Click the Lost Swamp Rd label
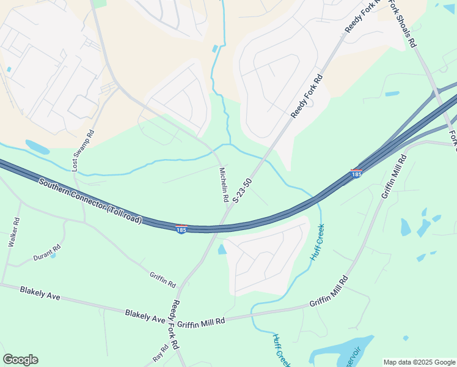(x=83, y=150)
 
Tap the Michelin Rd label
(x=224, y=185)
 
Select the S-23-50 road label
(x=242, y=191)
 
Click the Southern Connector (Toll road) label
(x=90, y=201)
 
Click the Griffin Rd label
(x=163, y=280)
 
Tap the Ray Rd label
(x=160, y=353)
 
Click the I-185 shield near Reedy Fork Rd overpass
(x=181, y=229)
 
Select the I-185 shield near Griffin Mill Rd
(x=356, y=174)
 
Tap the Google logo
(x=20, y=360)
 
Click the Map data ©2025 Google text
(x=419, y=362)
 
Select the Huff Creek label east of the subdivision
(x=318, y=243)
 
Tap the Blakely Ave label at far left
(x=40, y=293)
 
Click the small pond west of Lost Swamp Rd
(x=37, y=147)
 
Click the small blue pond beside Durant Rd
(x=53, y=255)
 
